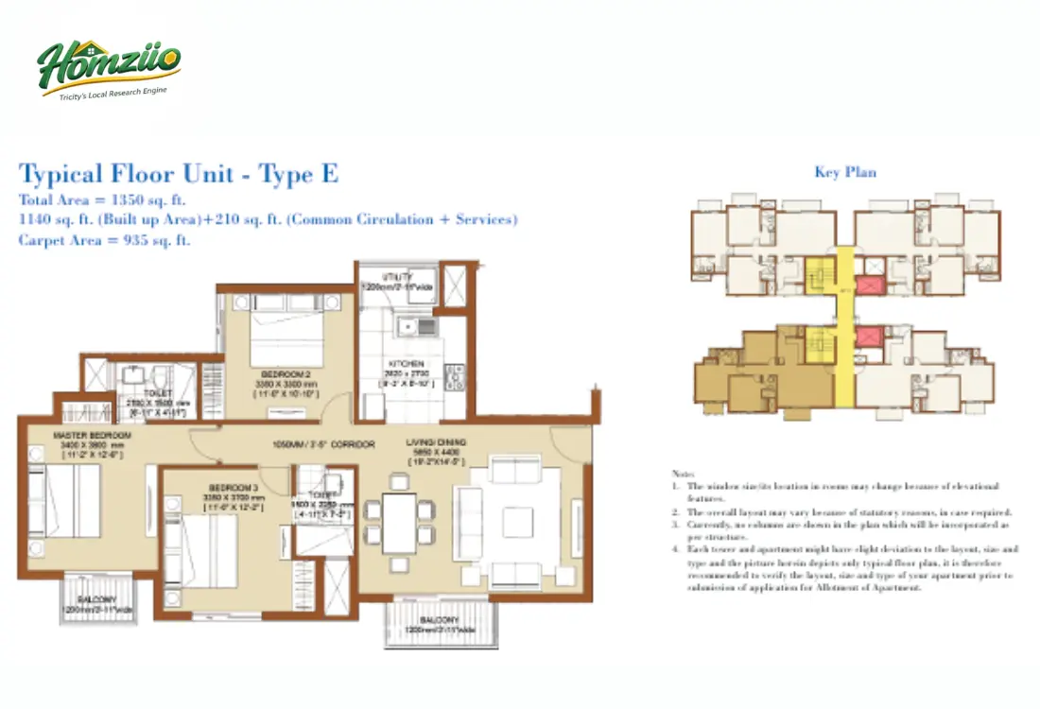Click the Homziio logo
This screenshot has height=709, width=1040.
109,64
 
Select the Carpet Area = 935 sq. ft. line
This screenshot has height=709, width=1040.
105,240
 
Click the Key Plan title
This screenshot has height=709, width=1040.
844,172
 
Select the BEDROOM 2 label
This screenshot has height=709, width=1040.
286,374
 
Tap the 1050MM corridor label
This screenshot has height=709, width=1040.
324,443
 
